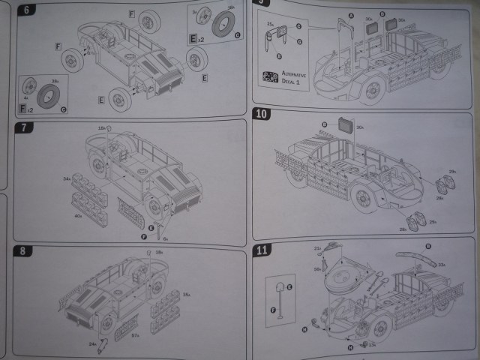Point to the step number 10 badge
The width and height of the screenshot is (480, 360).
click(262, 115)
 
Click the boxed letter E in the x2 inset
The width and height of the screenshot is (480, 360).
click(193, 37)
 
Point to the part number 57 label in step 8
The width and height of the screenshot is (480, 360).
click(136, 335)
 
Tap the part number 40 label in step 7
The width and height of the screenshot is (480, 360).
click(77, 216)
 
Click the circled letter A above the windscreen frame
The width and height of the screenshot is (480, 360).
click(351, 16)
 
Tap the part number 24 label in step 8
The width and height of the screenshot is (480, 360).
click(91, 344)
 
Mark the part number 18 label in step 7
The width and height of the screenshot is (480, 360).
click(100, 128)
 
